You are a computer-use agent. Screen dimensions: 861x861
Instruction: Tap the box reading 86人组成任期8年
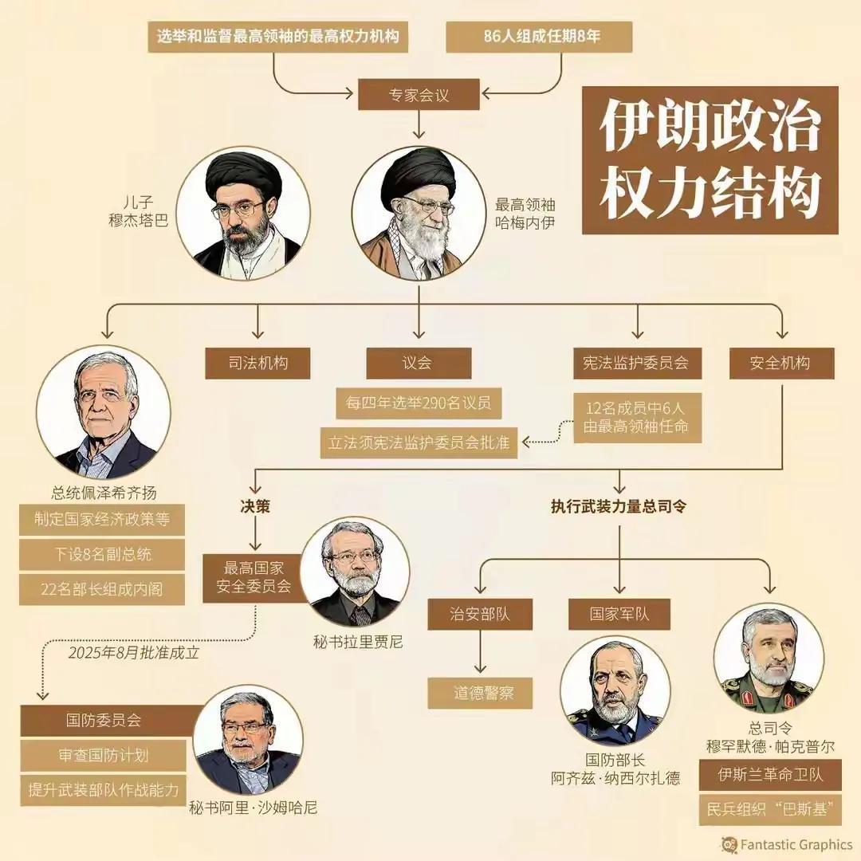click(x=539, y=37)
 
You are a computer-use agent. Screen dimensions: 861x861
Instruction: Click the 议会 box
click(x=419, y=364)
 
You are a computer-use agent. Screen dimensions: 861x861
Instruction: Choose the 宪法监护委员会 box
click(x=642, y=364)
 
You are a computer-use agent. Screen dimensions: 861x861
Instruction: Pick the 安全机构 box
click(x=781, y=364)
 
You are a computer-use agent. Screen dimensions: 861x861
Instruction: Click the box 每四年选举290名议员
click(x=419, y=403)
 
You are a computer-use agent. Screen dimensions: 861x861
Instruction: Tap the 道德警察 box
click(x=483, y=693)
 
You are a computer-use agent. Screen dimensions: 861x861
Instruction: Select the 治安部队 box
click(x=479, y=615)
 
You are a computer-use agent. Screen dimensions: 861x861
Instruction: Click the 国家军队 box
click(x=619, y=615)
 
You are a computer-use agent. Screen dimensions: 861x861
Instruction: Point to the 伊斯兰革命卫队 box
click(x=770, y=775)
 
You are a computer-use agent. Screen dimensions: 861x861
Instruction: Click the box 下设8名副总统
click(x=102, y=554)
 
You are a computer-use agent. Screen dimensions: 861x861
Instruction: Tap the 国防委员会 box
click(x=104, y=721)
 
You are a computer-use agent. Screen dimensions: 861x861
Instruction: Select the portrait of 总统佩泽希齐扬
click(x=103, y=411)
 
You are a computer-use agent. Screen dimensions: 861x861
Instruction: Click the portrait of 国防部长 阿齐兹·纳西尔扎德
click(x=613, y=690)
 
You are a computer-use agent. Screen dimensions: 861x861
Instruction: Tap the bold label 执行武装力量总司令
click(x=619, y=505)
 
